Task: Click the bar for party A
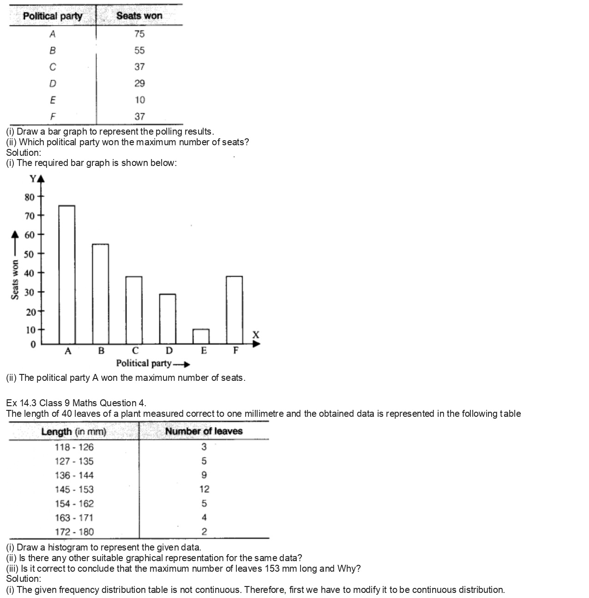[x=67, y=274]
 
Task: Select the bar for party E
[x=201, y=336]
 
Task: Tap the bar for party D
[x=167, y=319]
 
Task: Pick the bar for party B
[x=100, y=294]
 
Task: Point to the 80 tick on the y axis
[x=30, y=197]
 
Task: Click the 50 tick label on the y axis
[x=29, y=254]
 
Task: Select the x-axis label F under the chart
[x=236, y=350]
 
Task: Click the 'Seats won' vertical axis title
[x=15, y=280]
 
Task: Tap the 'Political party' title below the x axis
[x=144, y=363]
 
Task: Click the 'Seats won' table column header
[x=139, y=16]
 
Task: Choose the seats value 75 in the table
[x=139, y=34]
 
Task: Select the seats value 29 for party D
[x=139, y=83]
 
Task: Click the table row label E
[x=53, y=100]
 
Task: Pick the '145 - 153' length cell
[x=74, y=489]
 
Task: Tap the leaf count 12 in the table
[x=204, y=489]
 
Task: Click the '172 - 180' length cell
[x=74, y=532]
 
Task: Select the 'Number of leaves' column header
[x=204, y=431]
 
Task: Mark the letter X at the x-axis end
[x=256, y=335]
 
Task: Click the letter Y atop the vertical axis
[x=33, y=178]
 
